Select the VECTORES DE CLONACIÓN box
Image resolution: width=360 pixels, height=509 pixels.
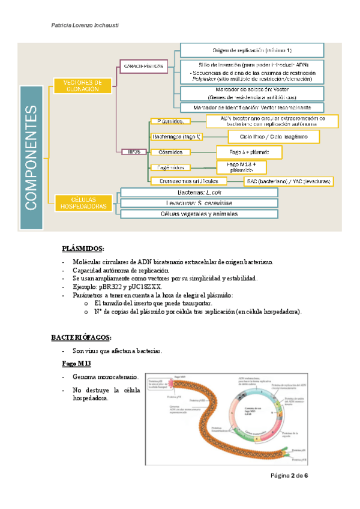pyautogui.click(x=84, y=86)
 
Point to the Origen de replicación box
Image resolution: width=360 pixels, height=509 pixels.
pyautogui.click(x=252, y=50)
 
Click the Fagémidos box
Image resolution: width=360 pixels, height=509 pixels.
pyautogui.click(x=170, y=167)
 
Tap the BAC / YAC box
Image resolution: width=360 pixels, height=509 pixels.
pyautogui.click(x=288, y=181)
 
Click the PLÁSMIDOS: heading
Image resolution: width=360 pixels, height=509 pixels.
pyautogui.click(x=83, y=248)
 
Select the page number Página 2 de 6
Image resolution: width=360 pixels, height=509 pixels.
pyautogui.click(x=289, y=475)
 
